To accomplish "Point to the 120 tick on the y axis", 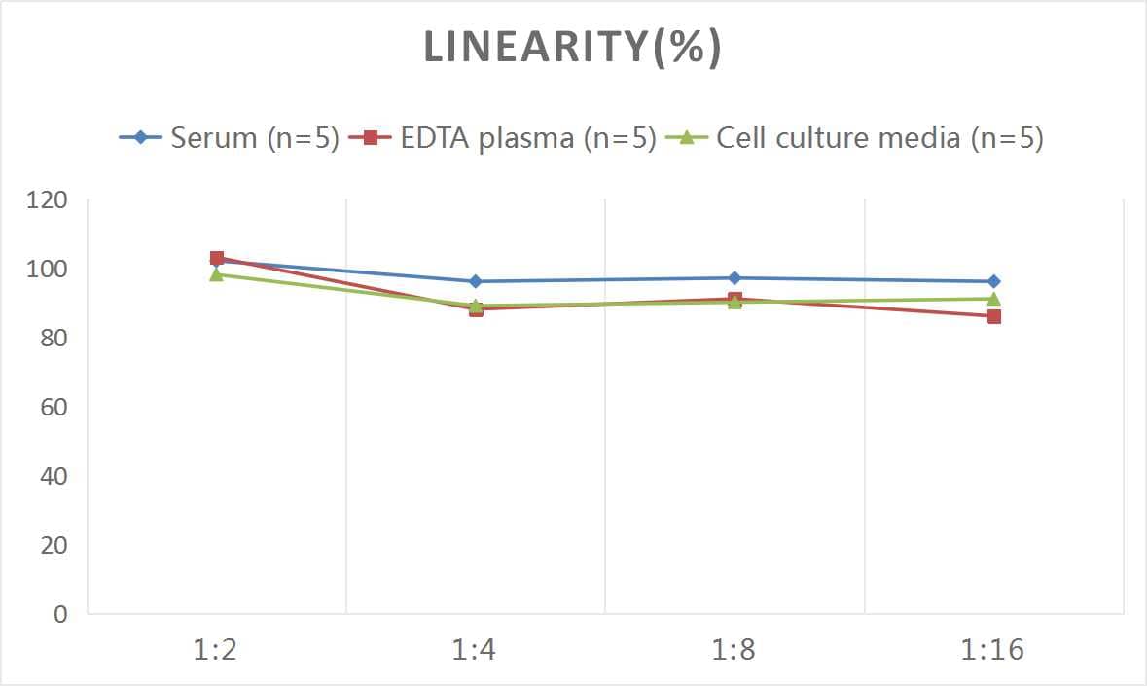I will coord(47,200).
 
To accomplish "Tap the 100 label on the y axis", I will coord(47,270).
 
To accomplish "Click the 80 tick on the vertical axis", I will coord(53,339).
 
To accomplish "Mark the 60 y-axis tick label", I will coord(53,407).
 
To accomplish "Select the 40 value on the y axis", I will coord(53,476).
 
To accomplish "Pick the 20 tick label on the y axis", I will coord(53,545).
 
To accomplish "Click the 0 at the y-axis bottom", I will coord(60,614).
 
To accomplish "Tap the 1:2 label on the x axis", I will coord(216,650).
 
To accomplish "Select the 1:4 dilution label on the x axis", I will coord(475,650).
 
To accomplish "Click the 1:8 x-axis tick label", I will coord(734,650).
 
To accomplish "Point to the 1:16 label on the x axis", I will coord(993,650).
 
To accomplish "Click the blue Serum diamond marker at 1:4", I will coord(476,281).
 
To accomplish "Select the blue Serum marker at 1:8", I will coord(735,278).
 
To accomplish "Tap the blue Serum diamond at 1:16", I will coord(993,281).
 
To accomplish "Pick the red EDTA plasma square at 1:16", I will coord(993,316).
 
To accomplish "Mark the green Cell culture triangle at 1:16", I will coord(993,299).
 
